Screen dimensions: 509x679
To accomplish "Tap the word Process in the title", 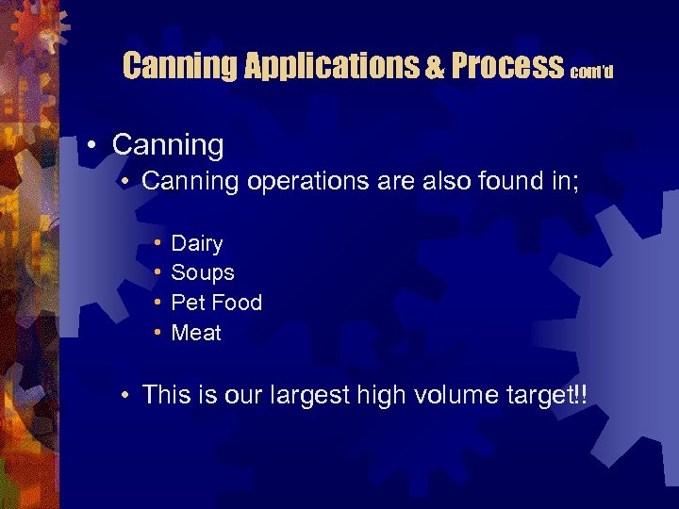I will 507,66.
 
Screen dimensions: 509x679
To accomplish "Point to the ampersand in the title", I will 436,67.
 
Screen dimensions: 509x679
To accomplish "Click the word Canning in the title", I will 180,66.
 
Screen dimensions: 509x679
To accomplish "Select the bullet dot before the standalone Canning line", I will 92,145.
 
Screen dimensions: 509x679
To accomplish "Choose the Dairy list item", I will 197,244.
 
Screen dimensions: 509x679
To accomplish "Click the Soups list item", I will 203,273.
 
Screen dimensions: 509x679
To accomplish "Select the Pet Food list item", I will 216,303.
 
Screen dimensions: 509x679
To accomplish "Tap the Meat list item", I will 196,333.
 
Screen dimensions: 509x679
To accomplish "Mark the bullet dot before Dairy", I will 156,244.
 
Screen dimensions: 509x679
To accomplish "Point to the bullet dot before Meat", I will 156,333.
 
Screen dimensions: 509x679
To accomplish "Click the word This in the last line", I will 166,394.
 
